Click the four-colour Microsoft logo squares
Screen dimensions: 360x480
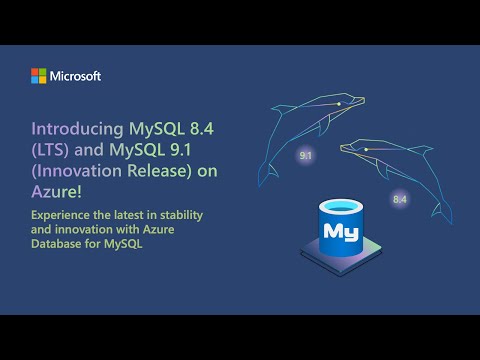point(38,76)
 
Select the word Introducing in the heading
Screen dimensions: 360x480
point(72,130)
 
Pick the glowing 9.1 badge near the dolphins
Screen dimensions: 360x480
point(305,157)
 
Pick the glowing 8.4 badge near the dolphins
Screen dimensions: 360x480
point(400,199)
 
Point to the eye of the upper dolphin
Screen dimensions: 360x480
point(339,103)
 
